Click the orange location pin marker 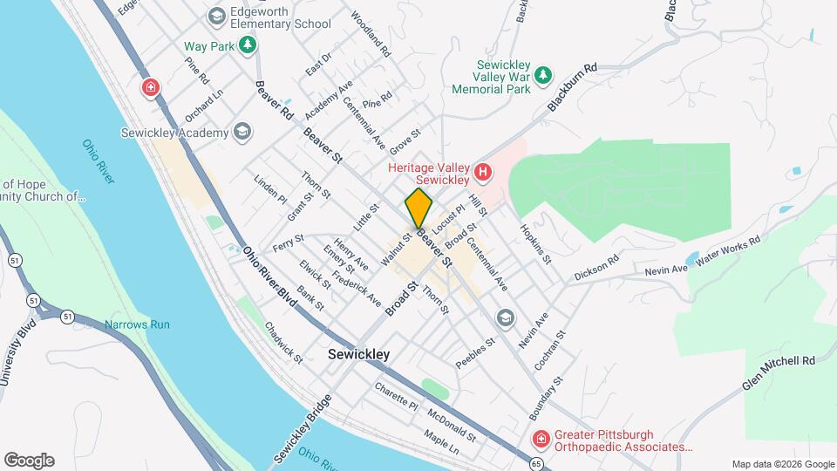click(x=418, y=208)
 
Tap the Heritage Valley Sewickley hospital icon click(x=482, y=174)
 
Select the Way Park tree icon click(x=248, y=45)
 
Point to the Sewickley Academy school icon click(x=242, y=133)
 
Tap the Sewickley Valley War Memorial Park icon click(x=544, y=76)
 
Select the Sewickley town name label click(x=359, y=355)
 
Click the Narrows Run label click(x=137, y=324)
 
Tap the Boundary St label click(x=546, y=395)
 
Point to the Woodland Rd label click(x=371, y=35)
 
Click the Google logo click(x=29, y=460)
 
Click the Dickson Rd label click(x=596, y=269)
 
